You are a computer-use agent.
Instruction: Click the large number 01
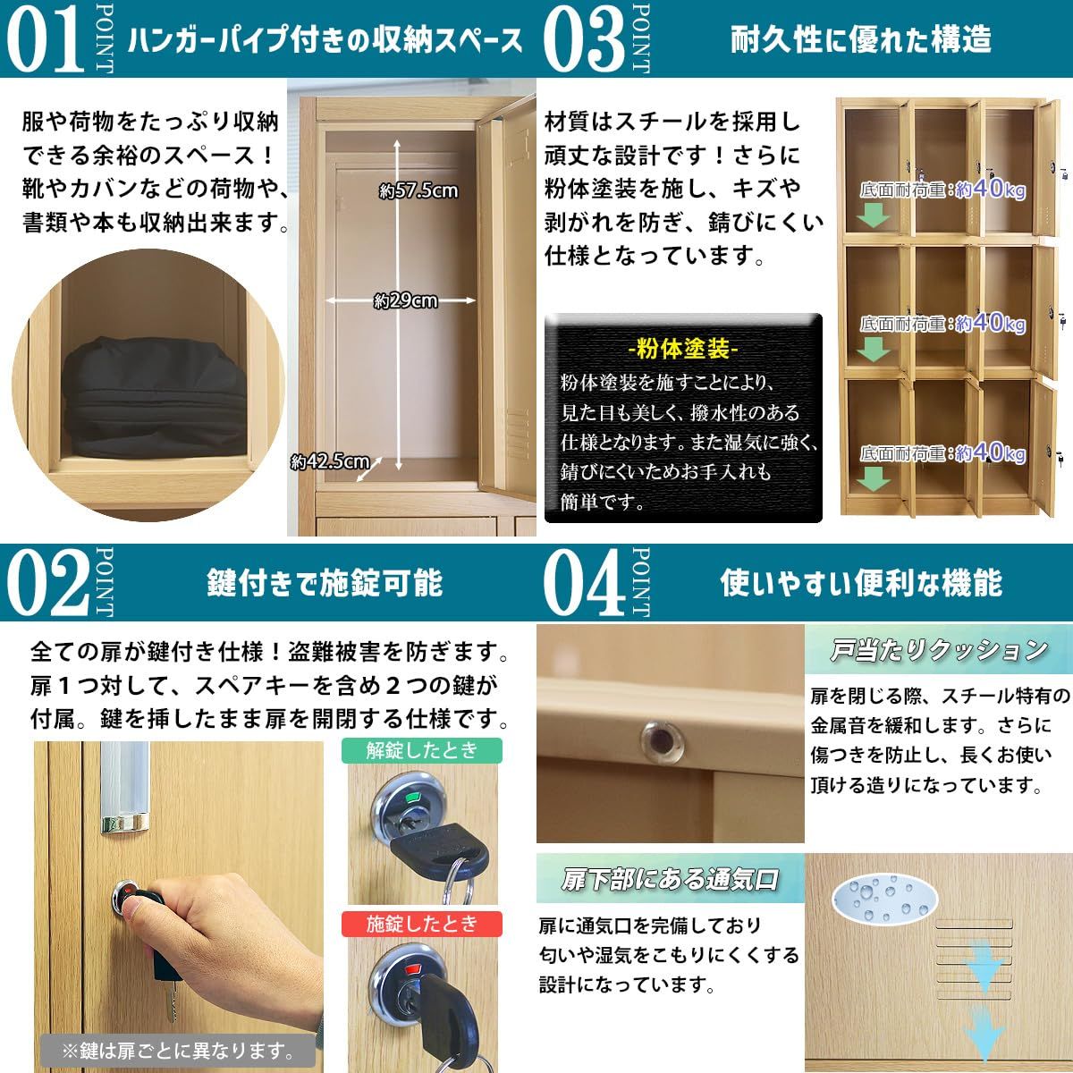pyautogui.click(x=46, y=39)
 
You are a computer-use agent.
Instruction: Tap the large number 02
pyautogui.click(x=48, y=582)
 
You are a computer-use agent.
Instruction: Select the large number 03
pyautogui.click(x=584, y=39)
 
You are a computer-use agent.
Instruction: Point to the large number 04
pyautogui.click(x=584, y=582)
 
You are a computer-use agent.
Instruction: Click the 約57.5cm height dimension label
pyautogui.click(x=418, y=191)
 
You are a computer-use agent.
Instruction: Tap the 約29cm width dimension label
pyautogui.click(x=405, y=301)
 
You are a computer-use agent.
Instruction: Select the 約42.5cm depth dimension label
pyautogui.click(x=330, y=461)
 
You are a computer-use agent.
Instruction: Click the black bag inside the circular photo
pyautogui.click(x=155, y=396)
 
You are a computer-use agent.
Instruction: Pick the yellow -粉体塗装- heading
pyautogui.click(x=682, y=349)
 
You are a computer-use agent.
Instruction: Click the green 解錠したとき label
pyautogui.click(x=421, y=750)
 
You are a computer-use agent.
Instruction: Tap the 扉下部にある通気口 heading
pyautogui.click(x=670, y=879)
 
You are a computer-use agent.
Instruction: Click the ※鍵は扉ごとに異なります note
pyautogui.click(x=178, y=1050)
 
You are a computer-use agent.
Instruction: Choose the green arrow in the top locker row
pyautogui.click(x=873, y=215)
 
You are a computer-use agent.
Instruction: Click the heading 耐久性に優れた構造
pyautogui.click(x=861, y=39)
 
